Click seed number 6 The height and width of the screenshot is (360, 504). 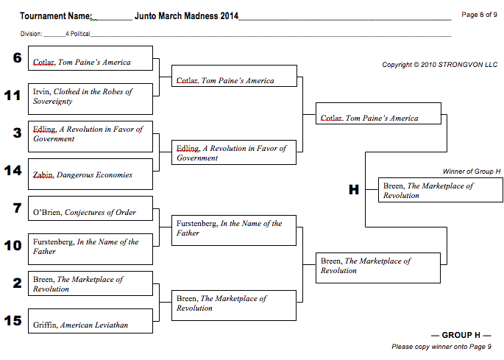coord(17,57)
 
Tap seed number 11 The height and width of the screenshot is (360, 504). coord(13,96)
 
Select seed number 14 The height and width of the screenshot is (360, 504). coord(13,171)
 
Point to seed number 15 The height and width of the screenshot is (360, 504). coord(13,321)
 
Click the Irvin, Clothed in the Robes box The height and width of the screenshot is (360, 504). coord(90,97)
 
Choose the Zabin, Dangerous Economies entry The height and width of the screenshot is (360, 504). coord(90,174)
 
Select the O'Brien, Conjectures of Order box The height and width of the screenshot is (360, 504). coord(90,213)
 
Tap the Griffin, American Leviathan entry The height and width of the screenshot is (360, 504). coord(90,324)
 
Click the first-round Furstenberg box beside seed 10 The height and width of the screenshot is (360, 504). coord(90,247)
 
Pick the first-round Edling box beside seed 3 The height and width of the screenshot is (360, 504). coord(90,135)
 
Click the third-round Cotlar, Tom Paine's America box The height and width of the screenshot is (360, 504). coord(378,118)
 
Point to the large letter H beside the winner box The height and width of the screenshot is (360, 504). coord(354,190)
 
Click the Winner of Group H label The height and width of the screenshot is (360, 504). coord(471,171)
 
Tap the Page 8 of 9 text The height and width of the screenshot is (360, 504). coord(479,14)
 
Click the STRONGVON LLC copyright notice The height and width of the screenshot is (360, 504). coord(439,65)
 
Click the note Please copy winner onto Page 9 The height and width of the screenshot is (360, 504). coord(441,347)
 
